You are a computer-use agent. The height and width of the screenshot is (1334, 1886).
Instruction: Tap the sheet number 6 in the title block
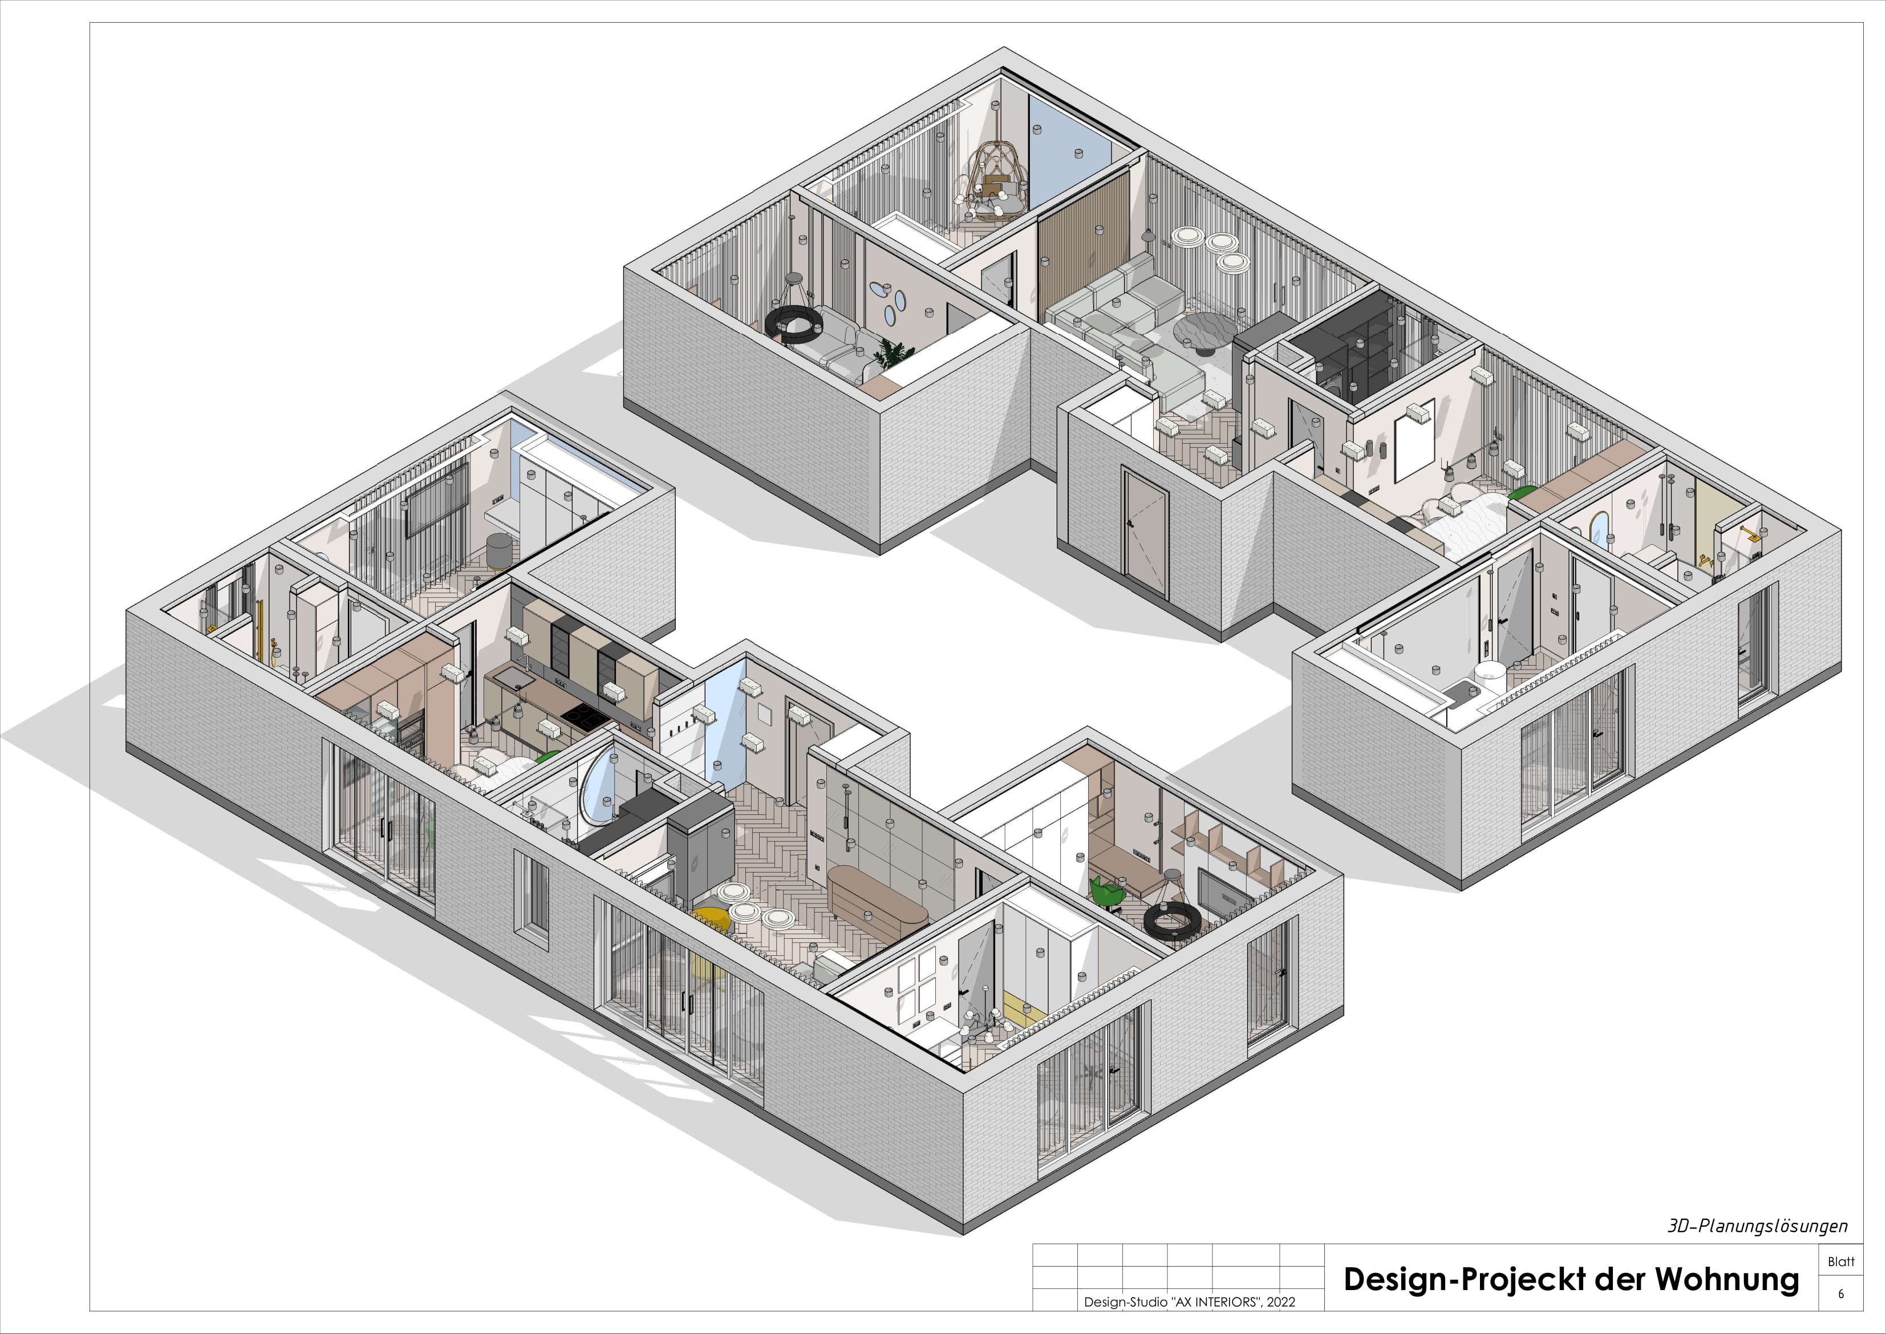click(1841, 1294)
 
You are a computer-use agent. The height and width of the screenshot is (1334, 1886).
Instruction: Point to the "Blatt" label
click(1841, 1262)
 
